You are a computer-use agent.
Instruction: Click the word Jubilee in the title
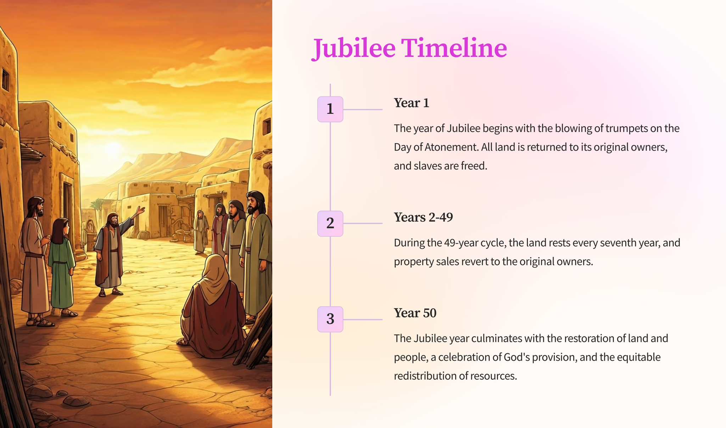coord(353,48)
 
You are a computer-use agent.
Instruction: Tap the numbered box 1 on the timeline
coord(330,109)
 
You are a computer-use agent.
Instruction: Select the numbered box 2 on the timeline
coord(330,223)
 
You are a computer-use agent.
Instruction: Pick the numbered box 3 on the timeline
coord(330,319)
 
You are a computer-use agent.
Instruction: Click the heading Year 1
coord(412,103)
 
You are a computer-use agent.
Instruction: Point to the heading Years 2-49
coord(423,217)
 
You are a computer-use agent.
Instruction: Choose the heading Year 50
coord(415,313)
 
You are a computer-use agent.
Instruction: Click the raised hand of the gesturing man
coord(141,210)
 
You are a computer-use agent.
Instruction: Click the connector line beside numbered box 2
coord(363,223)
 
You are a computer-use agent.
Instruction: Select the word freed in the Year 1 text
coord(474,166)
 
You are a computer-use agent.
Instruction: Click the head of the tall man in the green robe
coord(255,202)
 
